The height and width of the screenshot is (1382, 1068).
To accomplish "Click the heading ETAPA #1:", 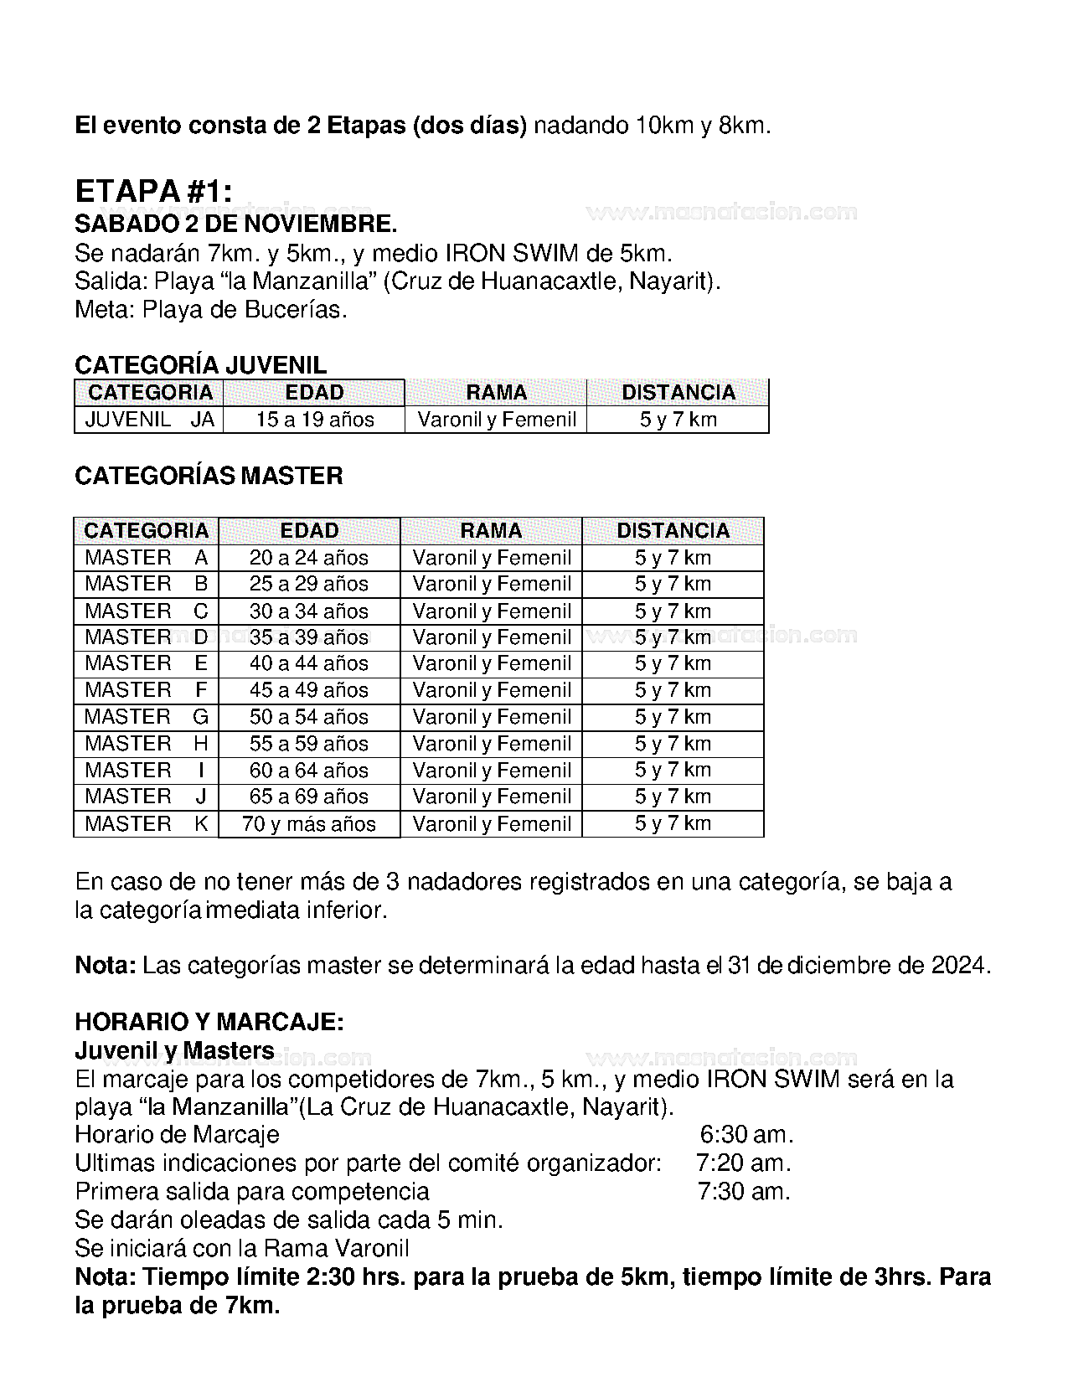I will tap(152, 192).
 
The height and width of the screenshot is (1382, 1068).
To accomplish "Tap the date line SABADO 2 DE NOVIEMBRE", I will tap(235, 224).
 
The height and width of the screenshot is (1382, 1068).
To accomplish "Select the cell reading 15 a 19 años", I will tap(315, 420).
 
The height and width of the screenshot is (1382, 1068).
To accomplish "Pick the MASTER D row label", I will tap(147, 637).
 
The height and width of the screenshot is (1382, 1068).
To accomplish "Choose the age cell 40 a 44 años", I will tap(309, 663).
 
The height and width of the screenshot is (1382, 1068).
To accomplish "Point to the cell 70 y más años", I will tap(309, 824).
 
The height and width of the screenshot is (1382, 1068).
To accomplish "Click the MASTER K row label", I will tap(147, 824).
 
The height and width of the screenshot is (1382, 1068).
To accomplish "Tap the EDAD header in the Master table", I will tap(309, 531).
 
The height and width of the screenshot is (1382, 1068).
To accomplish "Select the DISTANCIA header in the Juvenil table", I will tap(678, 393).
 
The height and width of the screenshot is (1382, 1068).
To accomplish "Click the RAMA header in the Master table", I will tap(491, 531).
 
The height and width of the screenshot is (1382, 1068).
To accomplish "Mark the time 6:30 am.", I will tap(746, 1135).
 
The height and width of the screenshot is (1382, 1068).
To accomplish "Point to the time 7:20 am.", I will tap(744, 1163).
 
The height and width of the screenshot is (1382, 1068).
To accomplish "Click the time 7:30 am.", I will tap(744, 1192).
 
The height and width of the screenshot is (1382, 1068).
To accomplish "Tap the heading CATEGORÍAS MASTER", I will tap(209, 476).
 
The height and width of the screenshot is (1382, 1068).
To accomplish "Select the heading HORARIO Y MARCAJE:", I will tap(209, 1022).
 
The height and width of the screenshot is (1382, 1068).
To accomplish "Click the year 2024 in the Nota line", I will tap(960, 966).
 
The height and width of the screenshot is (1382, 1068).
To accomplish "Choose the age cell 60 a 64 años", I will tap(309, 771).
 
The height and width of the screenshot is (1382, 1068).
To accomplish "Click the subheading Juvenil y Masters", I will tap(174, 1050).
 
